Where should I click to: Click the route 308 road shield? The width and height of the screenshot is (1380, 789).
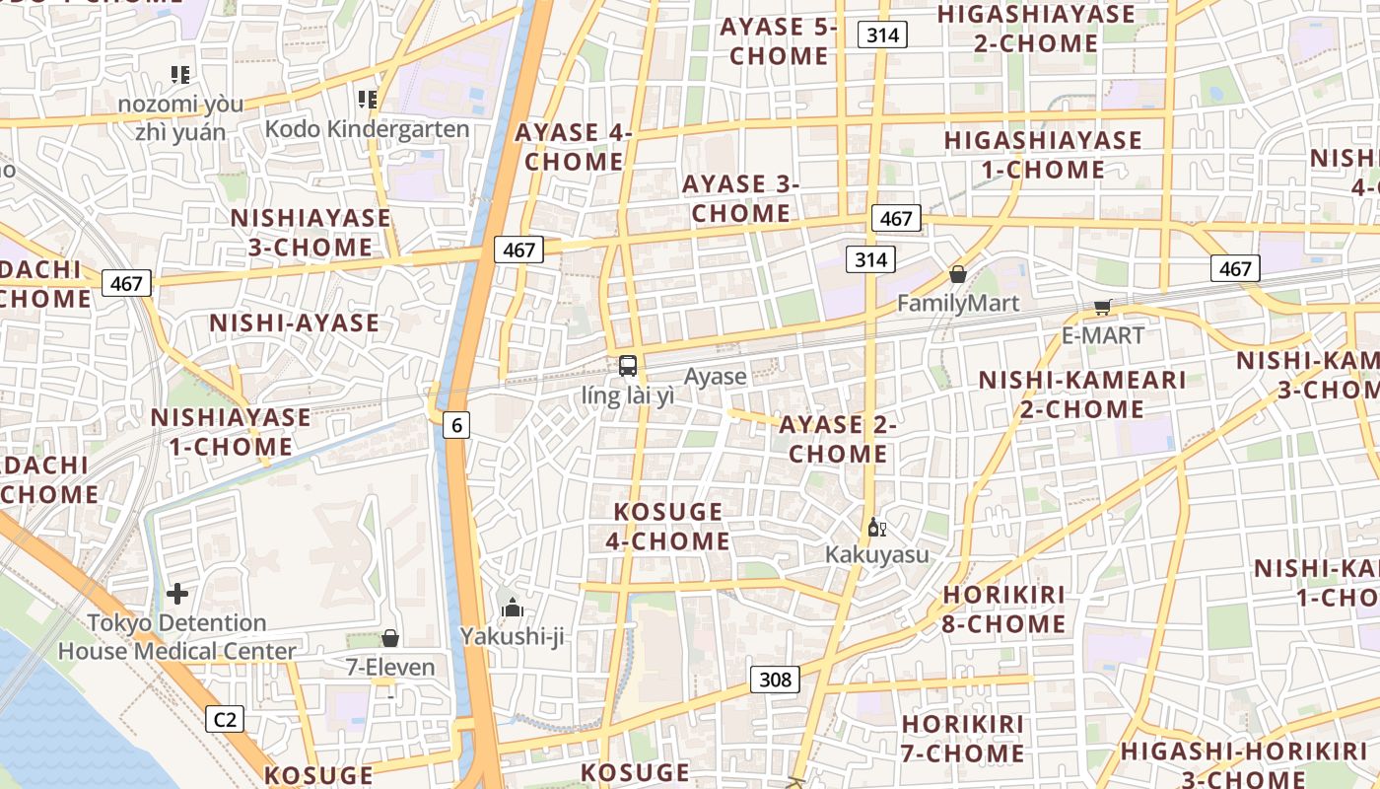point(776,680)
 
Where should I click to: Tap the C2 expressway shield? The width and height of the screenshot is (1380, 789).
point(225,719)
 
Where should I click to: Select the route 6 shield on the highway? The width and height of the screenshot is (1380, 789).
point(455,425)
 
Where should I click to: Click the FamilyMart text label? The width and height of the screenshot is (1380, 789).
point(957,303)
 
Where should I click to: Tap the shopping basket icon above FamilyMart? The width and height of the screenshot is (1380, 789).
point(957,274)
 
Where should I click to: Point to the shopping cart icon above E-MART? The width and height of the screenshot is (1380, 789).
point(1102,308)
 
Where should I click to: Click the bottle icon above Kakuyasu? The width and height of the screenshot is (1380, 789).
point(876,528)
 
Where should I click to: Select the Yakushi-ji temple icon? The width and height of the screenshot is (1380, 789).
point(512,609)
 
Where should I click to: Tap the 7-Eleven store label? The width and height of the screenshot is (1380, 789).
point(390,668)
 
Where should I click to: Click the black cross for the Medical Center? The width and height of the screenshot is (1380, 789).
point(177,594)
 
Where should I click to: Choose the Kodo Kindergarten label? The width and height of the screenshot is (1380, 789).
point(367,129)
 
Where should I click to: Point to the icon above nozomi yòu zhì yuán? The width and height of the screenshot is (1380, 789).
point(179,74)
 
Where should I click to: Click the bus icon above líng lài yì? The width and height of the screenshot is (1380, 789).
point(628,366)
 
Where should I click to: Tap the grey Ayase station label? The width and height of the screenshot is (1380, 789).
point(715,376)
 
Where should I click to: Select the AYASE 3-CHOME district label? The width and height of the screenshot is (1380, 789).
point(740,198)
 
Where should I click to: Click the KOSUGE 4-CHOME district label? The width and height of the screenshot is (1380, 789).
point(670,526)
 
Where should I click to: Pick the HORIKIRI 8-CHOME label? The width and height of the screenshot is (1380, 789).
point(1004,609)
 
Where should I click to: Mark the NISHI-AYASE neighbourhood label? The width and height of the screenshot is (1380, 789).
point(294,323)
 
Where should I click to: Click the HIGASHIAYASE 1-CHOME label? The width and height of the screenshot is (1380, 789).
point(1043,155)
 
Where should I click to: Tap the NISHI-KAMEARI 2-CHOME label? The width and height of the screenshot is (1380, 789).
point(1081,394)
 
